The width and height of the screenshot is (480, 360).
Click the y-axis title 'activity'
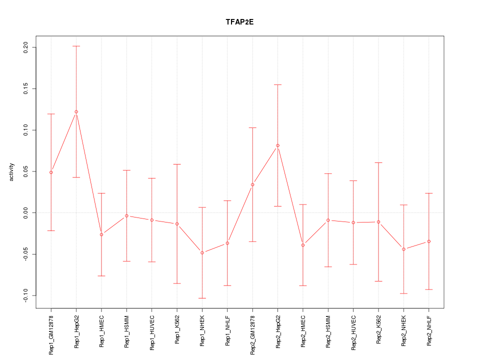pyautogui.click(x=12, y=171)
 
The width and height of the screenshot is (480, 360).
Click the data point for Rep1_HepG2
pyautogui.click(x=76, y=111)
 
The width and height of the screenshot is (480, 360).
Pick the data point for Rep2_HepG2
pyautogui.click(x=277, y=145)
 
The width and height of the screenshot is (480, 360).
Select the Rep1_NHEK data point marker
pyautogui.click(x=202, y=253)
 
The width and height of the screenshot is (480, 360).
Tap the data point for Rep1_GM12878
pyautogui.click(x=51, y=172)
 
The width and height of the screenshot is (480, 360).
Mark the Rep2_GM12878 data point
pyautogui.click(x=252, y=184)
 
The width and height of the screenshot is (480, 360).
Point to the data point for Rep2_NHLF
pyautogui.click(x=428, y=241)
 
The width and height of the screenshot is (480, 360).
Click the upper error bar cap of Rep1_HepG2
pyautogui.click(x=76, y=46)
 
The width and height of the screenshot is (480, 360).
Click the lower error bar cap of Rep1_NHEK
pyautogui.click(x=202, y=298)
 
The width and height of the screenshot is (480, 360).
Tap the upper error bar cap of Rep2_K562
pyautogui.click(x=378, y=162)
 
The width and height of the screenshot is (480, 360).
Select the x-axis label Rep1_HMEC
pyautogui.click(x=101, y=331)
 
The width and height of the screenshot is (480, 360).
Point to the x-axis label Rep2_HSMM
pyautogui.click(x=328, y=331)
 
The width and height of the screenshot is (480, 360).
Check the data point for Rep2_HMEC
pyautogui.click(x=302, y=245)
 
